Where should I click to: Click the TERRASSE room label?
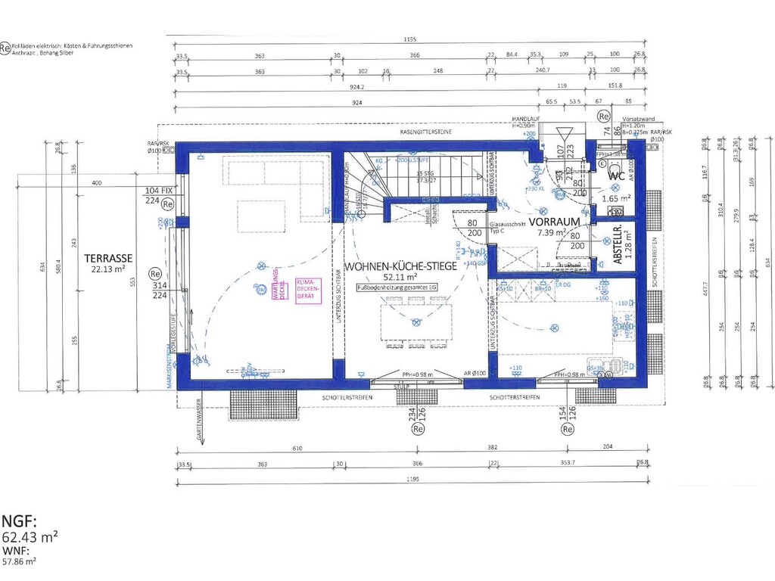110,257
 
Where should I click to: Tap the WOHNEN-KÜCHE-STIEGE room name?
400,267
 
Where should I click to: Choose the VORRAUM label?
554,222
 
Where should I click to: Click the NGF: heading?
19,521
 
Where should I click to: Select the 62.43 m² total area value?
30,536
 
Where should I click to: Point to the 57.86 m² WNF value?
19,561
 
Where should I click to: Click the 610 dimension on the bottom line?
297,449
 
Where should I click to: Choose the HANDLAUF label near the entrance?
524,120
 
